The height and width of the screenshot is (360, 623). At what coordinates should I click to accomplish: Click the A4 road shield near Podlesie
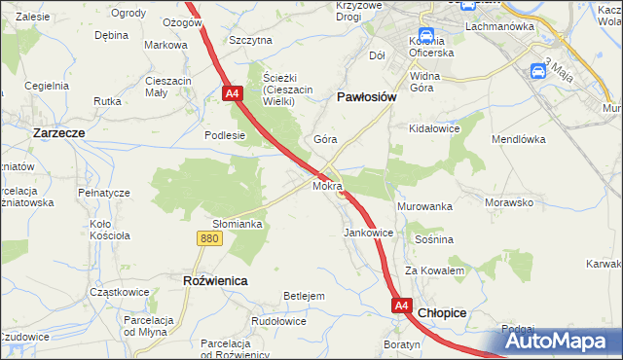232,94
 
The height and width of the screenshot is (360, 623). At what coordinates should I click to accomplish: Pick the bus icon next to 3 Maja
538,71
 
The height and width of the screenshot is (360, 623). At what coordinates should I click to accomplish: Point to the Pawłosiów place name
365,97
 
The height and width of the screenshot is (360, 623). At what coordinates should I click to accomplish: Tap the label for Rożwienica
215,280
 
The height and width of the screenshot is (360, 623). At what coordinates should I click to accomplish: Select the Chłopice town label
443,313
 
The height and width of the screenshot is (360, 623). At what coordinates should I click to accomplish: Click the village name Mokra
327,185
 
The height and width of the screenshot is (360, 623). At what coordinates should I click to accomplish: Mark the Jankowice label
369,234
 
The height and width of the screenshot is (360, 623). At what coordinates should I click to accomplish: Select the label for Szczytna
250,41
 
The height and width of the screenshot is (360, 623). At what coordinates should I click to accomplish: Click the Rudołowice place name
279,321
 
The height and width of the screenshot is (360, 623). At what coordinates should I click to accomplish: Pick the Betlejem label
303,295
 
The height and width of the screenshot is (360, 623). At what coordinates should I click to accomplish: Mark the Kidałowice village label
434,128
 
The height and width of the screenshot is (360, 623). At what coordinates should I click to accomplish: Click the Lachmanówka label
501,27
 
